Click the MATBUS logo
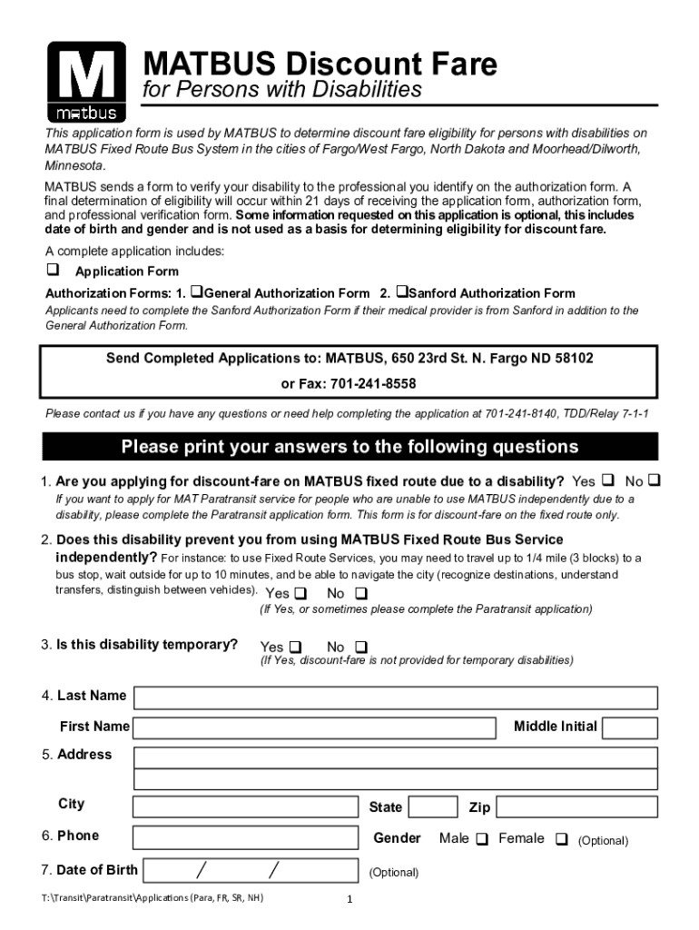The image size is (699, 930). point(81,82)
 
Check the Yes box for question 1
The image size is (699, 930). point(608,480)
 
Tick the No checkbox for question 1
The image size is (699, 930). point(655,480)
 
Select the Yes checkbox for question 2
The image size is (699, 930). point(300,594)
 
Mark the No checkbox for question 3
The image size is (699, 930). point(360,647)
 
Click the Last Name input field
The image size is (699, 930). point(396,697)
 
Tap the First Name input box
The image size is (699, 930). point(315,727)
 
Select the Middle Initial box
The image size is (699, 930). point(630,727)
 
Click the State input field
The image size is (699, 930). point(433,807)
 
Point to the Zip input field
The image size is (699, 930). point(576,807)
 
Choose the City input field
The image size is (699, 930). point(245,807)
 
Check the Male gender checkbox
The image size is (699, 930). point(481,839)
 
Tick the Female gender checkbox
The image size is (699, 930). point(561,839)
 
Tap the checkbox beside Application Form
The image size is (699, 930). point(53,271)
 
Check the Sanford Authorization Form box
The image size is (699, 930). point(401,292)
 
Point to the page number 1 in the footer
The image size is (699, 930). point(349,900)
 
